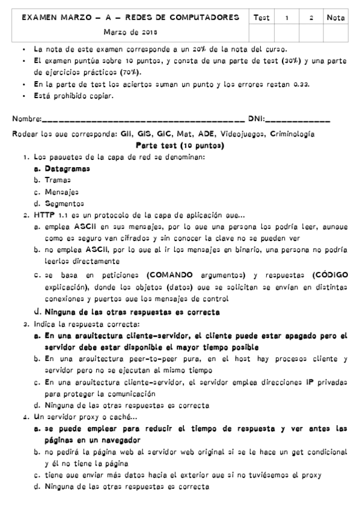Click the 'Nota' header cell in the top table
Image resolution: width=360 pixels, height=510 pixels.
click(x=335, y=18)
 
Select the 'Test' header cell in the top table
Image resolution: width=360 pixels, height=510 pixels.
click(x=261, y=18)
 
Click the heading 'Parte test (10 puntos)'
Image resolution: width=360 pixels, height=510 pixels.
click(x=180, y=146)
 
